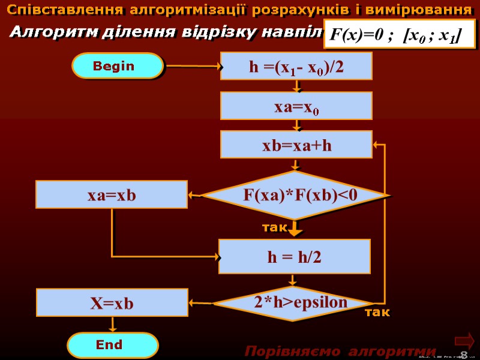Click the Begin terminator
coord(118,66)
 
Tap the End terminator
coord(112,345)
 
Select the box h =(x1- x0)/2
coord(296,67)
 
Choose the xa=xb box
coord(112,195)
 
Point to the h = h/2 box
coord(294,257)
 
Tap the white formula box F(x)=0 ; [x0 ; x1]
coord(398,35)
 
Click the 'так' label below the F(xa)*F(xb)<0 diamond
coord(275,228)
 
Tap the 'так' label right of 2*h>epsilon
coord(377,313)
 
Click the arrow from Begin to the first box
coord(192,67)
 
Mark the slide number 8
coord(463,354)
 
